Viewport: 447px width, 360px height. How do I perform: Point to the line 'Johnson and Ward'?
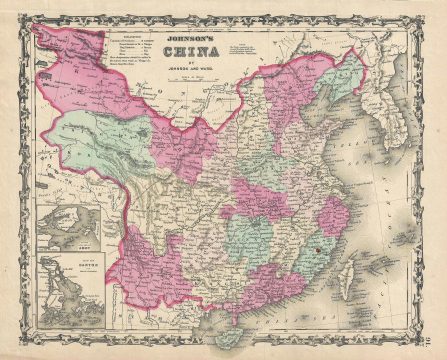pyautogui.click(x=211, y=70)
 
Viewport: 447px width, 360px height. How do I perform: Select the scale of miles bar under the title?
pyautogui.click(x=211, y=79)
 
